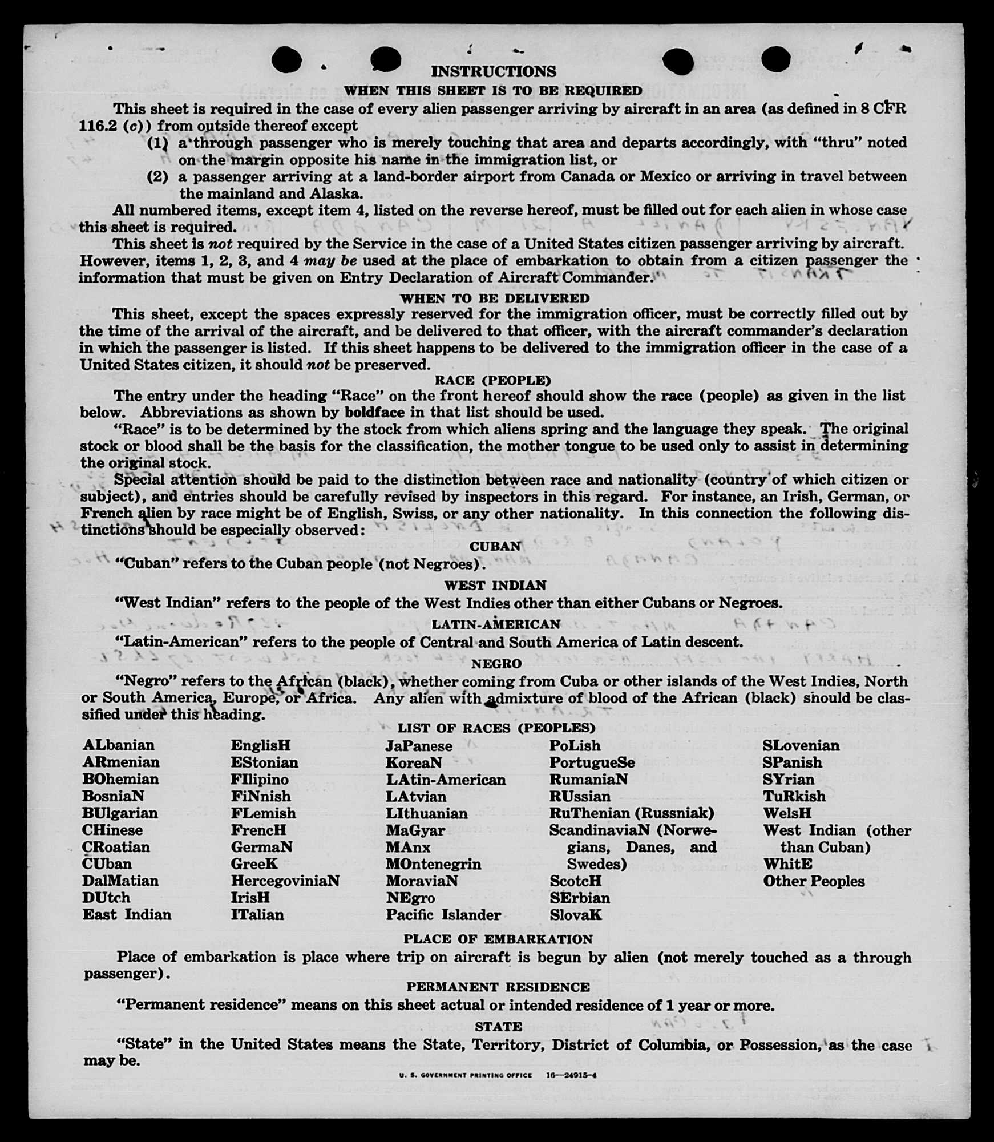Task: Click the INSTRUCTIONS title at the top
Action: click(494, 71)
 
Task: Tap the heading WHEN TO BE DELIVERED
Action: click(495, 298)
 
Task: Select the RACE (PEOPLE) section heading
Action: click(492, 380)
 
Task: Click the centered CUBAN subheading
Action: click(495, 546)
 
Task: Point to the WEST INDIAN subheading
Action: click(495, 585)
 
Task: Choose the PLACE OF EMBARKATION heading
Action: click(498, 939)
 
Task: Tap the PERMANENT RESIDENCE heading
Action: click(498, 987)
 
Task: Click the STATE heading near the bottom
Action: click(498, 1026)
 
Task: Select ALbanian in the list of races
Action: click(119, 745)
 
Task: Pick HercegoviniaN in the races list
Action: click(285, 881)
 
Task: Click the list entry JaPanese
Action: click(419, 746)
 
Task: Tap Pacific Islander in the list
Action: click(443, 915)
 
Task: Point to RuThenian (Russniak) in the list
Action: click(632, 813)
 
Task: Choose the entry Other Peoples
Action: click(814, 881)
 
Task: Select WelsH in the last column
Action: click(787, 813)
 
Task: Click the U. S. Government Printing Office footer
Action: click(465, 1075)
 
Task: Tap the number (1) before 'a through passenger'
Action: click(157, 143)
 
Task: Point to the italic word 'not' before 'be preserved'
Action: click(318, 365)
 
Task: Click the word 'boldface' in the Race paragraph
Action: click(374, 413)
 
